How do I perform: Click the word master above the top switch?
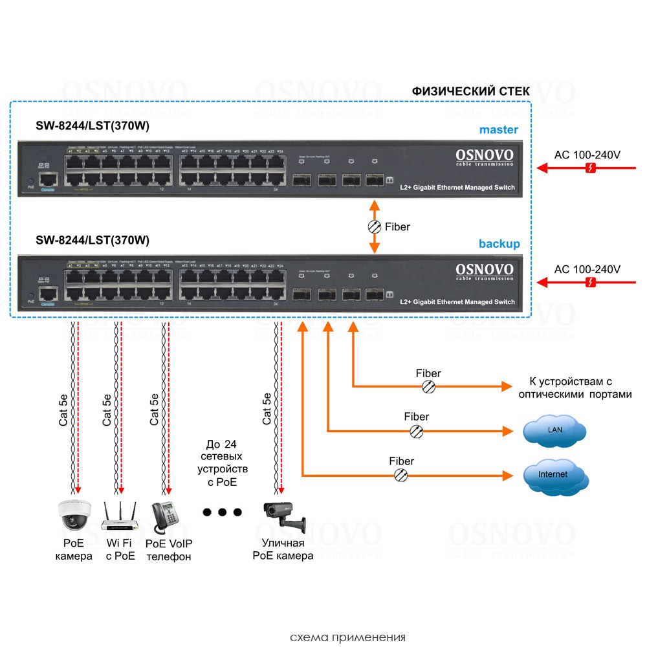tap(498, 129)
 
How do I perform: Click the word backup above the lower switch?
tap(499, 244)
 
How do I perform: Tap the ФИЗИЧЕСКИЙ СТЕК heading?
tap(470, 91)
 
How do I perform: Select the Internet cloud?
tap(554, 475)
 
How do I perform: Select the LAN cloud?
tap(554, 430)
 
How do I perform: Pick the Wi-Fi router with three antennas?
tap(120, 514)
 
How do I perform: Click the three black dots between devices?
tap(222, 512)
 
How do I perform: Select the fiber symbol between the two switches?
tap(374, 226)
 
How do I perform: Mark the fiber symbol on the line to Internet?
tap(401, 476)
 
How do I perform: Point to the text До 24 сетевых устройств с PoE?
tap(222, 463)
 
